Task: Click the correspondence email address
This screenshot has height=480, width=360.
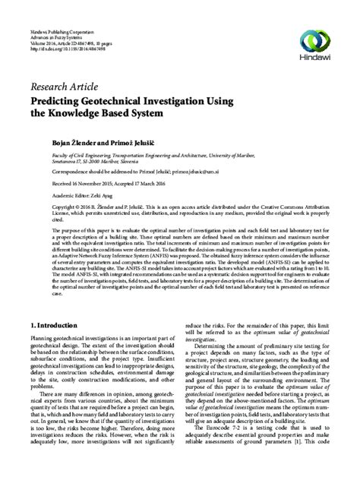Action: coord(225,171)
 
